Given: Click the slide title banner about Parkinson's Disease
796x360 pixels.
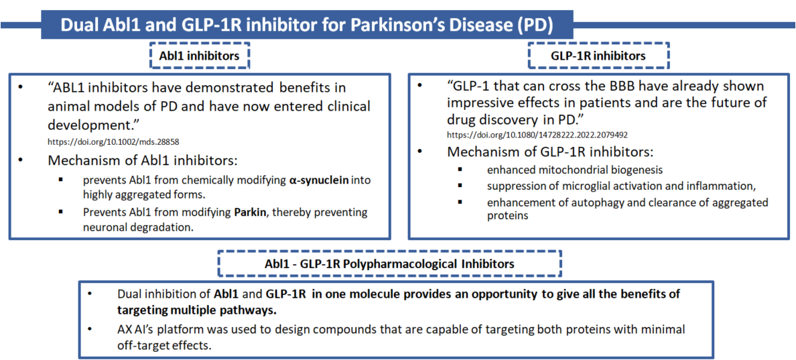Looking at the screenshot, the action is click(307, 23).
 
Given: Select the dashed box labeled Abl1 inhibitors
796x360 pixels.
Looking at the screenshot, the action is click(199, 56).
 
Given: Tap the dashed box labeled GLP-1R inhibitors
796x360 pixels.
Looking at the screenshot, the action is click(599, 56).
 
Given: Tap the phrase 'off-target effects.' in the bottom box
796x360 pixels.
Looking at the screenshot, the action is click(155, 345).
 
